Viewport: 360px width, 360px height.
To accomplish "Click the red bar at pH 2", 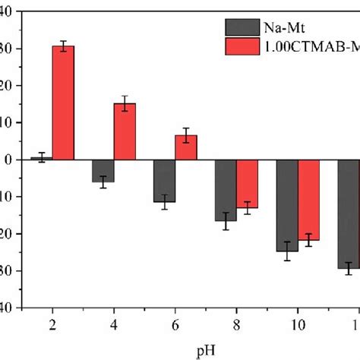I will pyautogui.click(x=63, y=103).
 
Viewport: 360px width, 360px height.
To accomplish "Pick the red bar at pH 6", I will pyautogui.click(x=186, y=147).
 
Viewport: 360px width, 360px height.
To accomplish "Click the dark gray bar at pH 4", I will pyautogui.click(x=103, y=171).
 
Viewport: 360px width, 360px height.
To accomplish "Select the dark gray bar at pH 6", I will pyautogui.click(x=165, y=181).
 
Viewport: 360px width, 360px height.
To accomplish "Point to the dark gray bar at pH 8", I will pyautogui.click(x=226, y=190).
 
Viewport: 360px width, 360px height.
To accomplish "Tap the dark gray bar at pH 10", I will pyautogui.click(x=287, y=205).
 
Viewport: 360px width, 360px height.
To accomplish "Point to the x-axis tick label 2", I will pyautogui.click(x=52, y=324).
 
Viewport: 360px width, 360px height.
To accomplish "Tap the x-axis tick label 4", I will pyautogui.click(x=114, y=324).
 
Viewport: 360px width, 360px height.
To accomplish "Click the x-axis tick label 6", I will pyautogui.click(x=175, y=324).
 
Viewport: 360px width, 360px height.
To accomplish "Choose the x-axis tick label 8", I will pyautogui.click(x=237, y=324).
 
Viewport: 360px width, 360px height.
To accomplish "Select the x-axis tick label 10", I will pyautogui.click(x=298, y=324).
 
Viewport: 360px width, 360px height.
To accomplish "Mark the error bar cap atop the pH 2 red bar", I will pyautogui.click(x=63, y=41).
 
